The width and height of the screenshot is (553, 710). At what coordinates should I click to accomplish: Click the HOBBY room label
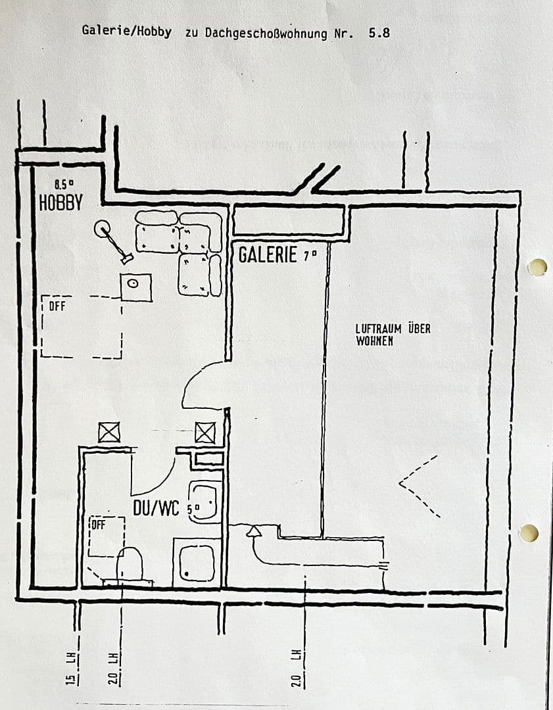61,203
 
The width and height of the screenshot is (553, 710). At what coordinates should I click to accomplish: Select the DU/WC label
156,508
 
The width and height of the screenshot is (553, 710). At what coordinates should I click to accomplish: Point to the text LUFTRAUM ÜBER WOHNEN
393,335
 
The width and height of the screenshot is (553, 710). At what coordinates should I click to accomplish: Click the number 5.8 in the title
379,32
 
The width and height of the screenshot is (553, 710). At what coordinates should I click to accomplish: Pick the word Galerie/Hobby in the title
127,31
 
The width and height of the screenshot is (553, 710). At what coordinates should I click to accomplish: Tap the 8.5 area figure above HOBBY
64,185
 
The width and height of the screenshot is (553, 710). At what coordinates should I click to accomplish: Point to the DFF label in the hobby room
57,306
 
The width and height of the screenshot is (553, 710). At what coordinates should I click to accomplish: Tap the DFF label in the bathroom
98,525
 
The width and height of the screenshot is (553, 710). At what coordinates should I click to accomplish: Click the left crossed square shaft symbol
108,433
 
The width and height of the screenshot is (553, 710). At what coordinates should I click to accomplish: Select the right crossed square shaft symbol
205,433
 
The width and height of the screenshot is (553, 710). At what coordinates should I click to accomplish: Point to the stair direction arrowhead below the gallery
253,530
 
